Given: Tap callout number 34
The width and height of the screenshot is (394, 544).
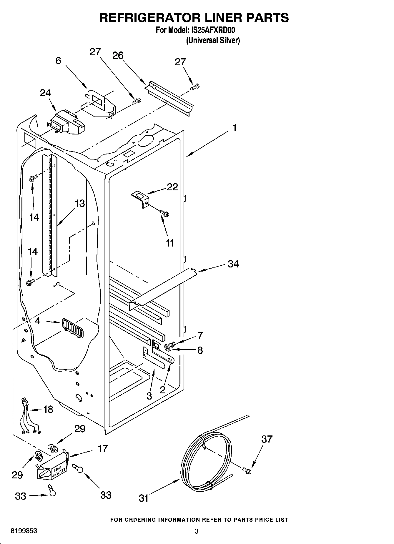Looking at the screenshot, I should (233, 264).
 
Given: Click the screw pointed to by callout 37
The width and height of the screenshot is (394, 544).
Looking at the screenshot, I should (247, 471).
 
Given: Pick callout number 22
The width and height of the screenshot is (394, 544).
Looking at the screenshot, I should (172, 187).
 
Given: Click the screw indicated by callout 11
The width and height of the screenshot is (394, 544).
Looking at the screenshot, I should (164, 212).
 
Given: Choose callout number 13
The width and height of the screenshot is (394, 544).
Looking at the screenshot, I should (80, 203).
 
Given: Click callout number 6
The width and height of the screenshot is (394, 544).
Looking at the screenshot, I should (58, 61).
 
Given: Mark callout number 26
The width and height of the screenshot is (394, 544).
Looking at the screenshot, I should (118, 55).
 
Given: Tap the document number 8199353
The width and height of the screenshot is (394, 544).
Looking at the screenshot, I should (24, 531).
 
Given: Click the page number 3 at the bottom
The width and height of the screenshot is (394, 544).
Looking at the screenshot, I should (196, 531).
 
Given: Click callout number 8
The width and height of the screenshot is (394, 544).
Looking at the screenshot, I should (200, 350).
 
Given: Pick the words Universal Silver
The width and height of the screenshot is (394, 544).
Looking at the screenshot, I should (213, 40).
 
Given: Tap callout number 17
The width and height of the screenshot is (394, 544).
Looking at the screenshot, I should (103, 449).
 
